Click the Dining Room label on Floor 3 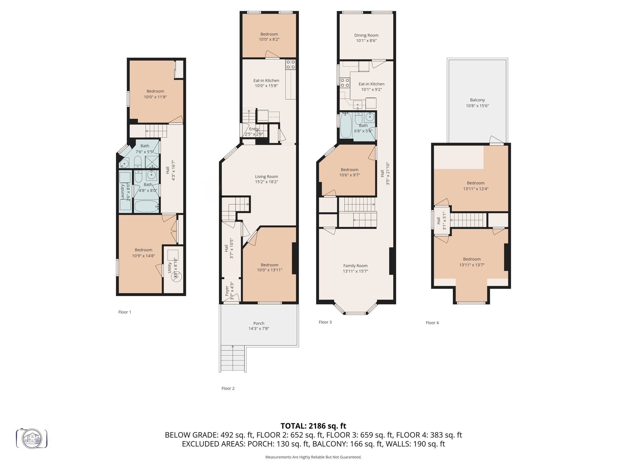pyautogui.click(x=366, y=35)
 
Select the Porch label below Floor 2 pyautogui.click(x=259, y=323)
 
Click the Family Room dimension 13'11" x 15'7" pyautogui.click(x=355, y=271)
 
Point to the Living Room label pyautogui.click(x=266, y=177)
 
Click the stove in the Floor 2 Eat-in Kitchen pyautogui.click(x=291, y=65)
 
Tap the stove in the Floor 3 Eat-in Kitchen pyautogui.click(x=345, y=83)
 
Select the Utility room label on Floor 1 pyautogui.click(x=169, y=268)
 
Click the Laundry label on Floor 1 pyautogui.click(x=122, y=192)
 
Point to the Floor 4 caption pyautogui.click(x=432, y=323)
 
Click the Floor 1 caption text pyautogui.click(x=125, y=312)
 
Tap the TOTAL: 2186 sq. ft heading pyautogui.click(x=313, y=426)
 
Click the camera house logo pyautogui.click(x=32, y=438)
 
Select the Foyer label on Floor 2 pyautogui.click(x=227, y=291)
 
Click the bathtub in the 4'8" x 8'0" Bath pyautogui.click(x=146, y=206)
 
